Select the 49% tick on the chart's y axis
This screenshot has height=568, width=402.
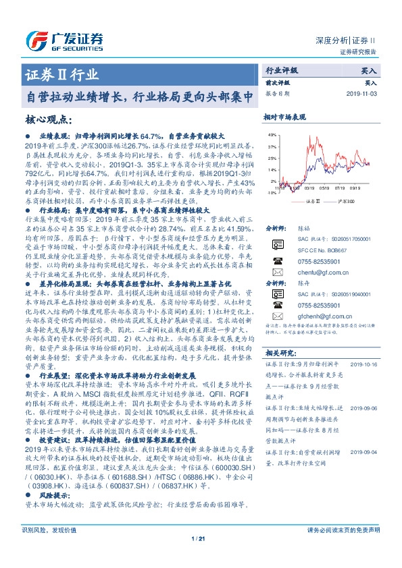click(272, 134)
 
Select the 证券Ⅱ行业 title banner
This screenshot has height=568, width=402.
click(61, 74)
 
